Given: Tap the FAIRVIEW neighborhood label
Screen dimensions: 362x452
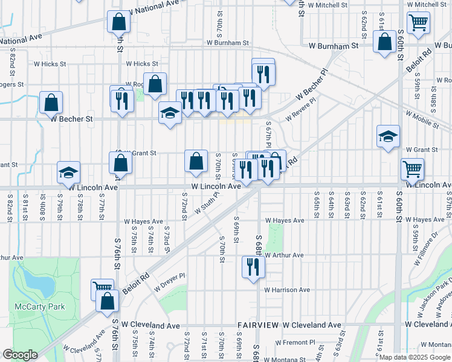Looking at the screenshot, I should [257, 325].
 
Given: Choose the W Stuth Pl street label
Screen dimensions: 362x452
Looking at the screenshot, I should [206, 205].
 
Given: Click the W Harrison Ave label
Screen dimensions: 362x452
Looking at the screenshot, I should [287, 290].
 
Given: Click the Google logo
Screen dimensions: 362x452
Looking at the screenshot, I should [20, 355].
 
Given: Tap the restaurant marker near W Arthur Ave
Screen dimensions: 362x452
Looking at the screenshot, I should [252, 267].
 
